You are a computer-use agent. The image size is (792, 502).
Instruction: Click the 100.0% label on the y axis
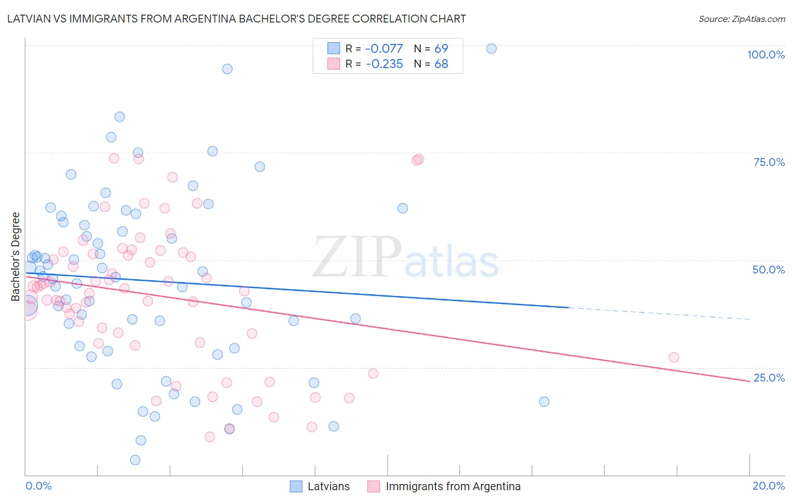pyautogui.click(x=766, y=55)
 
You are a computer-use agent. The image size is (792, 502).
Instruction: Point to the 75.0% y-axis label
pyautogui.click(x=769, y=162)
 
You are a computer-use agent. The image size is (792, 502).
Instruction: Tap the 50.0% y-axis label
pyautogui.click(x=768, y=270)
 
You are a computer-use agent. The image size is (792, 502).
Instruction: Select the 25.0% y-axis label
pyautogui.click(x=769, y=378)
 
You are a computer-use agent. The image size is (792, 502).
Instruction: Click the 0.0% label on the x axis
pyautogui.click(x=38, y=486)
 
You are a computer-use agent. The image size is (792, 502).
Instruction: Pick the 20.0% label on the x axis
pyautogui.click(x=768, y=486)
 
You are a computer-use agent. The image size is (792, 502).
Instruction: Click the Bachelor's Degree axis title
pyautogui.click(x=16, y=257)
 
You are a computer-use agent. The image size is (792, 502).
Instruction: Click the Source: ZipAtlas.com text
pyautogui.click(x=741, y=19)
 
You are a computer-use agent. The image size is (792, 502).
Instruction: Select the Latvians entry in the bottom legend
pyautogui.click(x=328, y=486)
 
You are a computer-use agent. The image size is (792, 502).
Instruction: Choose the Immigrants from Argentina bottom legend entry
pyautogui.click(x=453, y=486)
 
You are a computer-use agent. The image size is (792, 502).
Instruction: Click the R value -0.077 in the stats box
pyautogui.click(x=384, y=49)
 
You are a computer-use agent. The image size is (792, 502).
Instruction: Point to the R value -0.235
pyautogui.click(x=384, y=64)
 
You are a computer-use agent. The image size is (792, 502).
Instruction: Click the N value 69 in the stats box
pyautogui.click(x=441, y=49)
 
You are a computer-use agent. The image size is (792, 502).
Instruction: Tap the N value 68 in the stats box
pyautogui.click(x=441, y=64)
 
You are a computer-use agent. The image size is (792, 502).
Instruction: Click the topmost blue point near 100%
pyautogui.click(x=491, y=48)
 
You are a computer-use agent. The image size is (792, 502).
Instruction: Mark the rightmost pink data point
pyautogui.click(x=673, y=357)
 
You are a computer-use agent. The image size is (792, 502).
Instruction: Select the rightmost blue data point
pyautogui.click(x=544, y=402)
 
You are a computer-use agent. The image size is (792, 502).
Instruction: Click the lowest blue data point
pyautogui.click(x=135, y=460)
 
